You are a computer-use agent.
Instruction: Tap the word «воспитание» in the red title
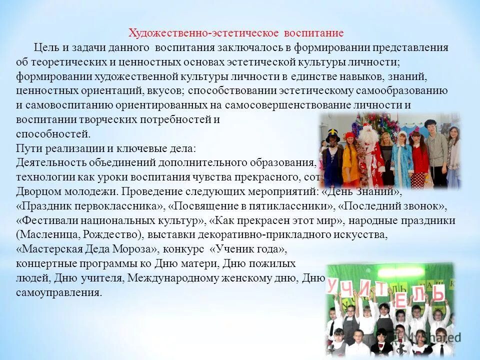coord(314,33)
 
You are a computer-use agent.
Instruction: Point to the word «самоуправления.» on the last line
coord(58,292)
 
